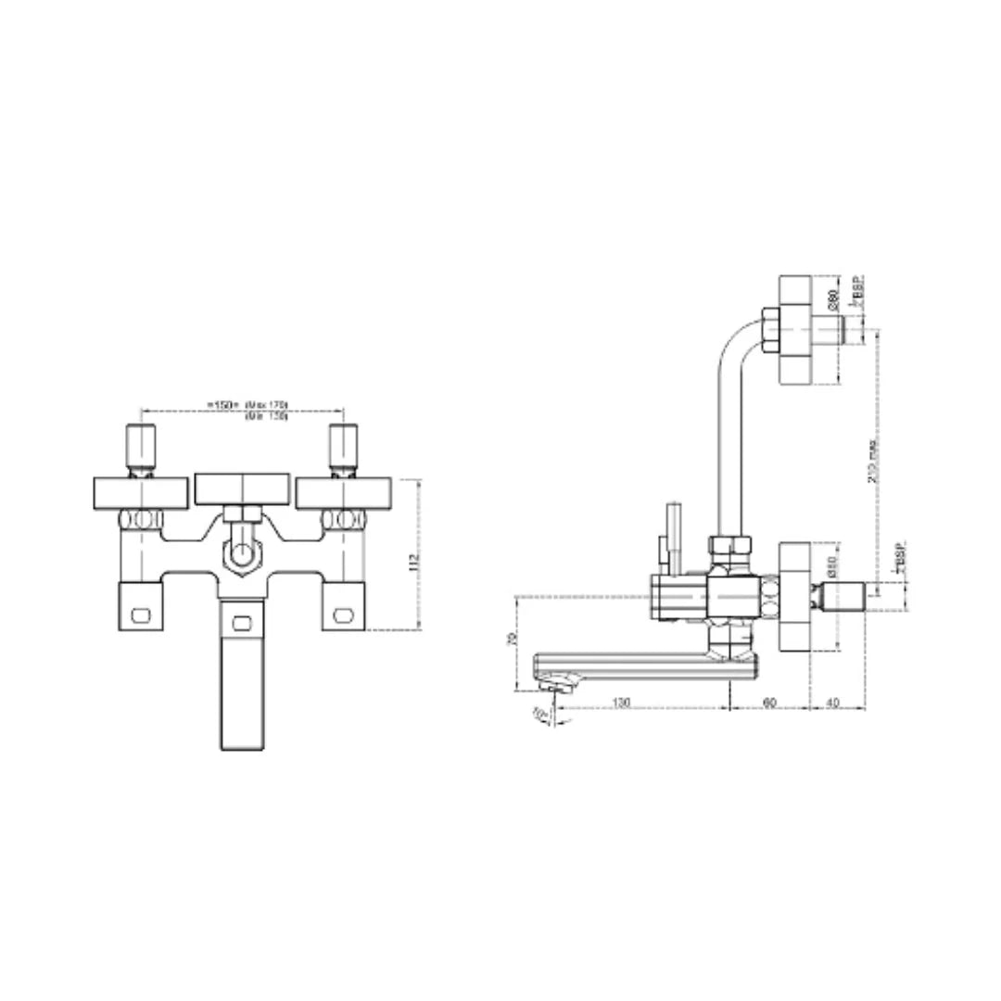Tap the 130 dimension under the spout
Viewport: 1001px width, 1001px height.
click(622, 703)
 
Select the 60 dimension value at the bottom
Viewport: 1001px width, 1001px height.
click(768, 703)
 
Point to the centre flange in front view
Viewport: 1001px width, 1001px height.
click(243, 488)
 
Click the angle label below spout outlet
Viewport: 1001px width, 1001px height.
click(539, 714)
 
